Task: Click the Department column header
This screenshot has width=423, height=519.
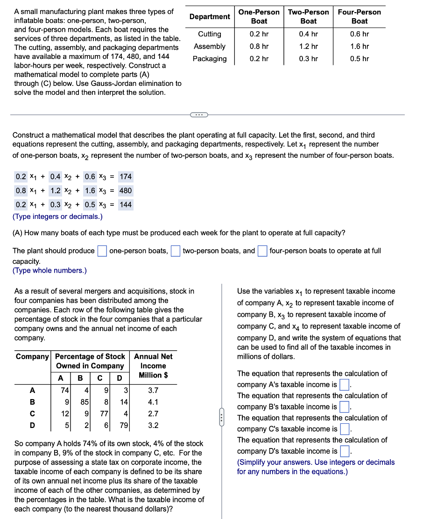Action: pos(210,17)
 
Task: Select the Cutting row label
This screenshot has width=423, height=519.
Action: pos(210,34)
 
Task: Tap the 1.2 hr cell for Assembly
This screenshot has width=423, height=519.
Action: pos(308,46)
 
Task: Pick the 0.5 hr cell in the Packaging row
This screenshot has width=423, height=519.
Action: pos(359,58)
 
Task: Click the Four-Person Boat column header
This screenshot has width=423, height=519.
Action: pos(359,17)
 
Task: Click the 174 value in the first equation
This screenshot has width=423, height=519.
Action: pos(126,177)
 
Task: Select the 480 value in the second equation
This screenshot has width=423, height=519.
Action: pos(126,190)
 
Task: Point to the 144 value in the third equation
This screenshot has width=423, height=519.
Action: pos(126,204)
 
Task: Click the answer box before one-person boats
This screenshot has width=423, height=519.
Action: pos(102,251)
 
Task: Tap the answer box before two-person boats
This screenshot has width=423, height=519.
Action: pos(176,251)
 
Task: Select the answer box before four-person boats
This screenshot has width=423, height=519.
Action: pos(262,251)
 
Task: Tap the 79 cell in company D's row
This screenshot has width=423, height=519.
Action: pos(123,425)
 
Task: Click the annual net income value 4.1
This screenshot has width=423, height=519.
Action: pos(153,402)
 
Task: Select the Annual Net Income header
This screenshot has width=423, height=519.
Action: pos(153,365)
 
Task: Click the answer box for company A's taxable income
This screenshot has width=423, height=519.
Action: pos(345,385)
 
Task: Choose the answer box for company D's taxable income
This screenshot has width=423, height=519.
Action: pos(345,451)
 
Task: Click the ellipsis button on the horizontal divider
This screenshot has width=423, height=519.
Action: pos(198,114)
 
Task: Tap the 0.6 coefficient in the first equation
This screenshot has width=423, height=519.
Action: pos(90,177)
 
